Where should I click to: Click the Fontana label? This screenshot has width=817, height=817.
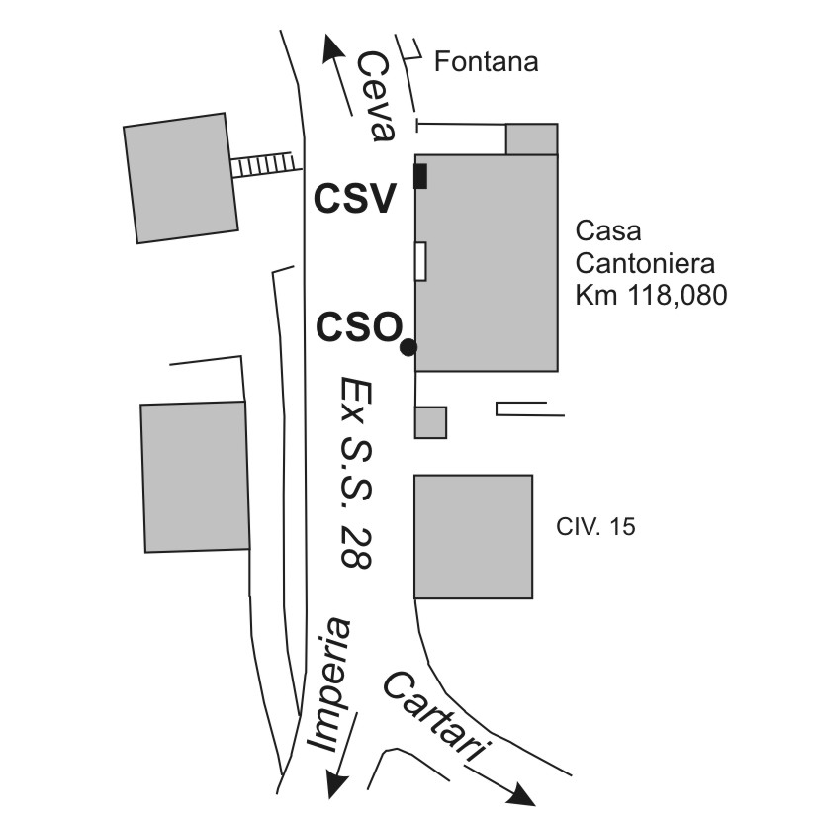tap(487, 63)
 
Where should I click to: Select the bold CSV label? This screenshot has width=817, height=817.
tap(355, 199)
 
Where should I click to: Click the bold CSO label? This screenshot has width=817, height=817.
tap(358, 327)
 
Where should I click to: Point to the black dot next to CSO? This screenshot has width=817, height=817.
tap(408, 347)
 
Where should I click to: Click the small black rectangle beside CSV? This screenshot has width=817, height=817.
tap(420, 176)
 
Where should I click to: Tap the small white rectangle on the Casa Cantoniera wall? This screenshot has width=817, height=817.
tap(420, 261)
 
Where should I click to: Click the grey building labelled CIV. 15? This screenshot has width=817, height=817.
tap(473, 536)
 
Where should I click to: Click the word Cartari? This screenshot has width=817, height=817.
tap(435, 716)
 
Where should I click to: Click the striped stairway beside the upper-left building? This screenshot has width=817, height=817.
tap(265, 164)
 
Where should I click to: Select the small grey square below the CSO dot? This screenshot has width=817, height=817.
tap(430, 422)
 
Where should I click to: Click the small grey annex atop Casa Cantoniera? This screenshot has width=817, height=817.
tap(531, 139)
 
